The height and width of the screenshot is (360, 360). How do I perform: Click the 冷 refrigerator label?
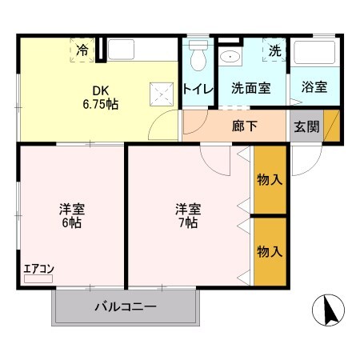(82, 50)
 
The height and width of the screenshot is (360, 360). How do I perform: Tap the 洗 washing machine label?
(275, 50)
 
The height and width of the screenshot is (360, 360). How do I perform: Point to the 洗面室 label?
(250, 89)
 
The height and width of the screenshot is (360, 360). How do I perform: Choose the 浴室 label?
(314, 88)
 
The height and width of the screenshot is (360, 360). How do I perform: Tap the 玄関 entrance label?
(306, 126)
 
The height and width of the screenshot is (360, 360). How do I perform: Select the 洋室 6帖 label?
(71, 217)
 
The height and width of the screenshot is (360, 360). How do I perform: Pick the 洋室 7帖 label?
(189, 217)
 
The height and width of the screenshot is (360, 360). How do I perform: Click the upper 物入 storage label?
(270, 180)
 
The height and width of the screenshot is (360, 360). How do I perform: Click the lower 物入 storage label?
(270, 251)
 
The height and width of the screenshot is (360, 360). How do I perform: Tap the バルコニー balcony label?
(126, 306)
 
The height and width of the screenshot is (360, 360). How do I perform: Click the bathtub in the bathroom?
(314, 53)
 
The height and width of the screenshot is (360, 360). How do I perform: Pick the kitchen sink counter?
(141, 49)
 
